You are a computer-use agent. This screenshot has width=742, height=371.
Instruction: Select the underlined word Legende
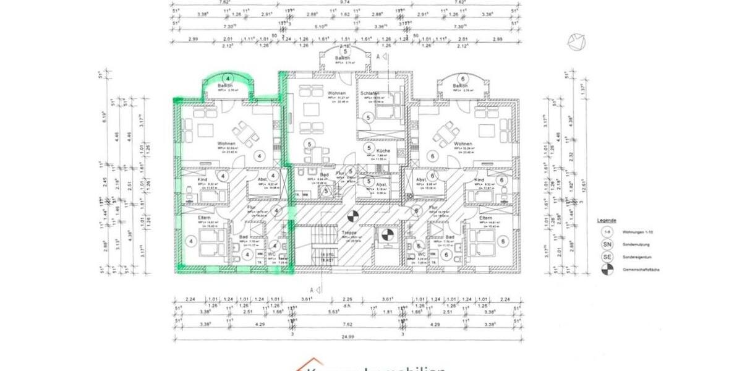pos(607,220)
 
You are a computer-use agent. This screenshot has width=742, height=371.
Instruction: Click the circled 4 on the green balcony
pos(228,79)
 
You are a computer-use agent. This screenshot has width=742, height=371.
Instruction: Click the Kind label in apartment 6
pos(479,180)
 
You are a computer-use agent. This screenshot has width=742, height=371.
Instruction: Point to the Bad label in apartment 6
pos(450,237)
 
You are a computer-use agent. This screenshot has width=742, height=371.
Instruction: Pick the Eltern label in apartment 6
pos(486,218)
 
